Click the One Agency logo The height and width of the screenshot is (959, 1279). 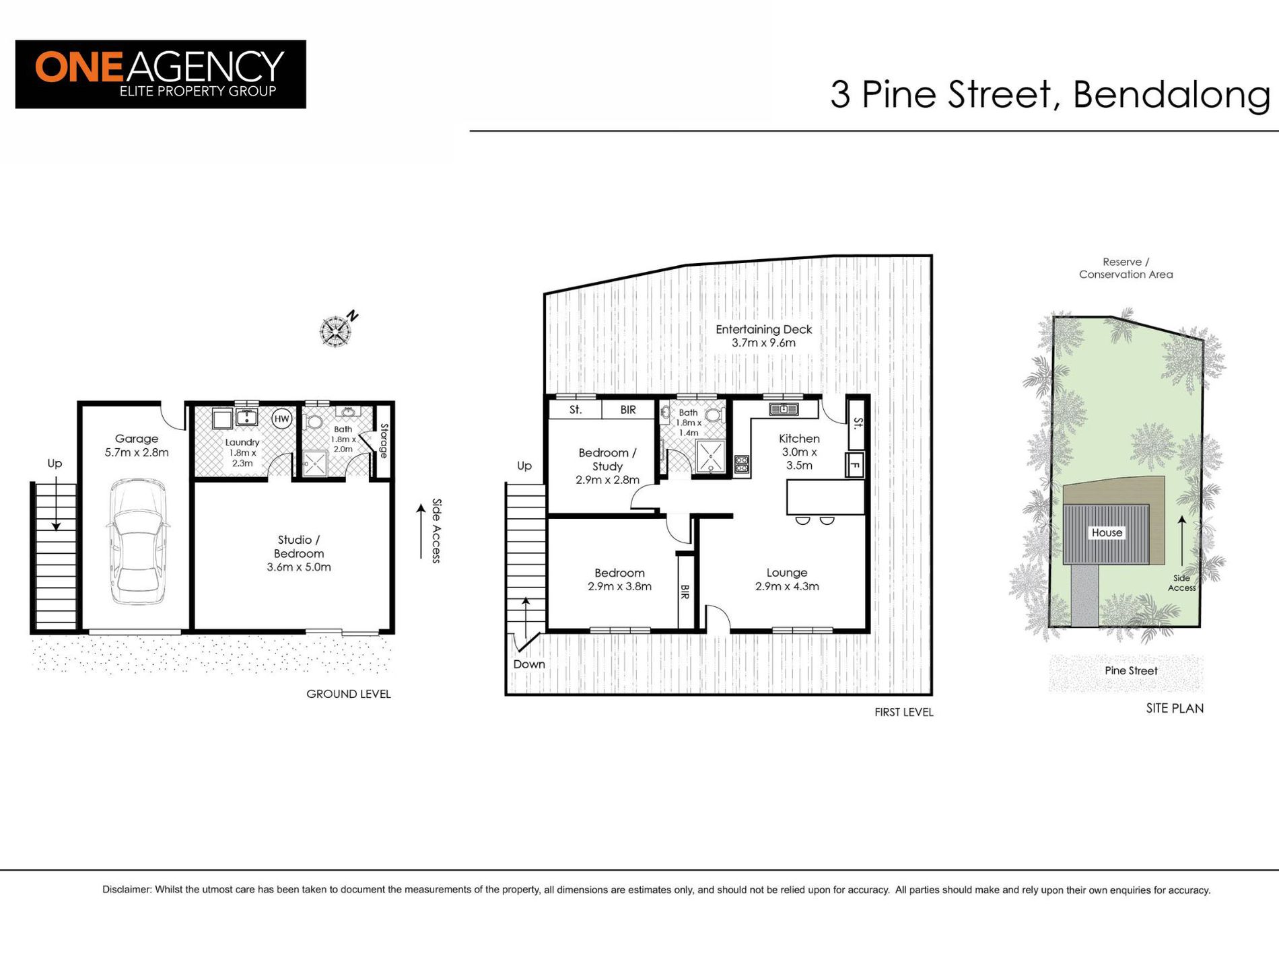tap(160, 74)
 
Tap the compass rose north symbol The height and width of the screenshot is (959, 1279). tap(335, 330)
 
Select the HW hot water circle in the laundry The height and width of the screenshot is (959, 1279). tap(281, 419)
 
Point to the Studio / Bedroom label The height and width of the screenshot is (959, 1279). tap(299, 553)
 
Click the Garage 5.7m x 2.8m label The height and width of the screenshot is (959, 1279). tap(137, 446)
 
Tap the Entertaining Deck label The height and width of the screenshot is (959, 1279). tap(763, 336)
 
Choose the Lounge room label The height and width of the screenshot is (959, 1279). tap(786, 579)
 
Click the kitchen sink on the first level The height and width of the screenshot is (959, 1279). tap(783, 409)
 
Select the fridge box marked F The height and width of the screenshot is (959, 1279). tap(855, 464)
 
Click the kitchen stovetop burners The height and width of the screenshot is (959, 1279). tap(742, 464)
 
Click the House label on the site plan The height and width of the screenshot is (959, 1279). tap(1107, 532)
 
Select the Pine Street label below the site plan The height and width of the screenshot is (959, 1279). tap(1131, 670)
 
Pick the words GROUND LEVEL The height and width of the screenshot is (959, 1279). tap(348, 694)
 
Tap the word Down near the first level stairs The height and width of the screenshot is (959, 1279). tap(529, 664)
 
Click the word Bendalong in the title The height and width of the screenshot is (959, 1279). tap(1171, 94)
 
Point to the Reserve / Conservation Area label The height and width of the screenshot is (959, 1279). tap(1126, 268)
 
